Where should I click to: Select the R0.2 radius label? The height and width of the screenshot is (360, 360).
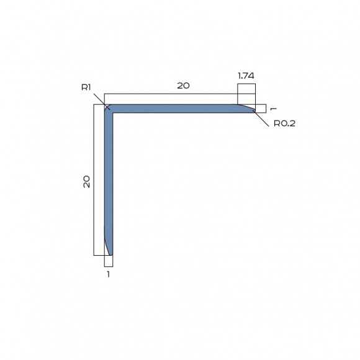click(284, 123)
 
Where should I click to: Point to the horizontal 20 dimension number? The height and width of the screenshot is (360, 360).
click(183, 86)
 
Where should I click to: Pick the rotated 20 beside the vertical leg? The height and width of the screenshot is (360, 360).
click(87, 181)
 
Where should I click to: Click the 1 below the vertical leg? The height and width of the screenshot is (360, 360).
click(109, 273)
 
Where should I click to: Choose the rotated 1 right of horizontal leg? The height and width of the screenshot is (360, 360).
click(273, 109)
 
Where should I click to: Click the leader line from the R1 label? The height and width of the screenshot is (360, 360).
click(101, 100)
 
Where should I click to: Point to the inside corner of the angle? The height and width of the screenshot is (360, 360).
click(114, 114)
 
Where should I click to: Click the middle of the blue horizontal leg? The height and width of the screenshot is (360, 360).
click(180, 109)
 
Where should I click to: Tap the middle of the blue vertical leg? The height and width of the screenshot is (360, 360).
click(109, 180)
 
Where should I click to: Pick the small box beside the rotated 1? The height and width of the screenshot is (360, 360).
click(261, 109)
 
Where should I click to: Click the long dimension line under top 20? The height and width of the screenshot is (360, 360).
click(171, 94)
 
